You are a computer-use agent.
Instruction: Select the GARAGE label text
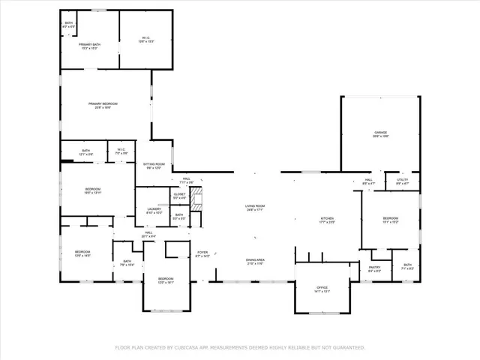tap(381, 133)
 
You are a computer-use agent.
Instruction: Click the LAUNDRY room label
tap(154, 209)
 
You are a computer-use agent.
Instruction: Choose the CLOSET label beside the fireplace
tap(179, 194)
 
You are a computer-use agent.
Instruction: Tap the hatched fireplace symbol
tap(197, 199)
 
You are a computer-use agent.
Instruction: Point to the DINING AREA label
tap(255, 260)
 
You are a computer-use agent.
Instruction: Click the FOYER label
tap(202, 253)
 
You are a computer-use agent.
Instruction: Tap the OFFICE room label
tap(322, 288)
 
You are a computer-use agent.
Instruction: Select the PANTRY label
tap(375, 267)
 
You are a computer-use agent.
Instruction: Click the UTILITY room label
tap(401, 180)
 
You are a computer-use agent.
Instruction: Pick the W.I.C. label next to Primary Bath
tap(146, 38)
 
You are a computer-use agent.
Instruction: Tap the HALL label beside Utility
tap(369, 180)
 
